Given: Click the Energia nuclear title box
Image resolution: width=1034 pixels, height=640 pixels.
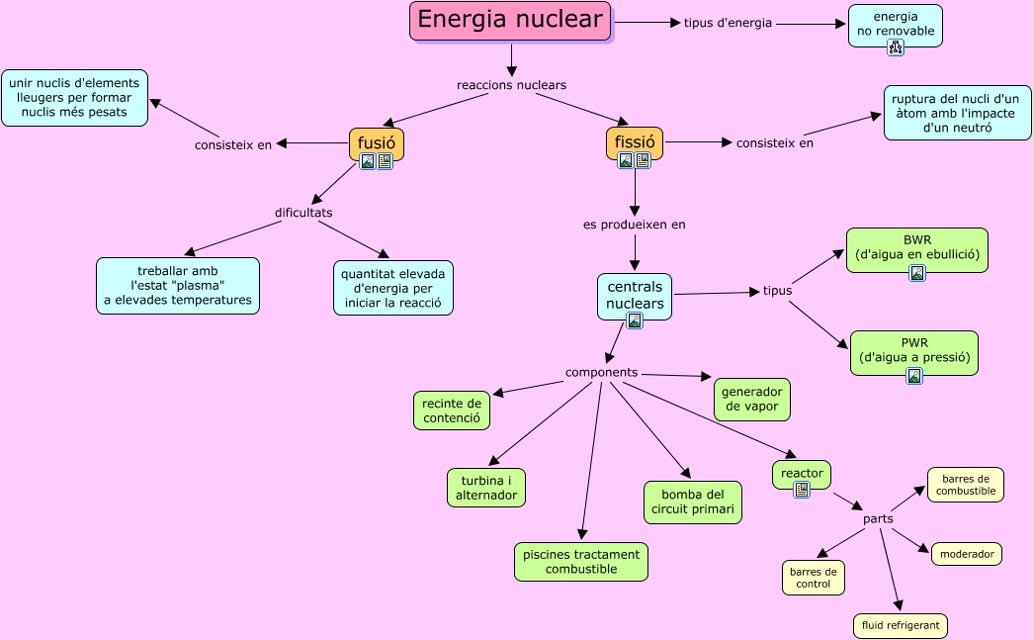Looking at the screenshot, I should [510, 21].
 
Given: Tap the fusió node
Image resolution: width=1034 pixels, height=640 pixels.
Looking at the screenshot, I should [376, 142].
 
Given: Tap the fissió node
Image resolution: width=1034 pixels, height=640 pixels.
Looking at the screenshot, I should [634, 142].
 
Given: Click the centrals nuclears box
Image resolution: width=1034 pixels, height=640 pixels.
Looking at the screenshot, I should [635, 294].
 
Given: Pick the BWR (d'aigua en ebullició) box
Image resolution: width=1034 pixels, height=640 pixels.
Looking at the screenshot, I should [916, 247].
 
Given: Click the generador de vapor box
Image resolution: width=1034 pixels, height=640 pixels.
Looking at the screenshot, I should [751, 399].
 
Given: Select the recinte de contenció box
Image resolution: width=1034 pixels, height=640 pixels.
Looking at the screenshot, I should [451, 411].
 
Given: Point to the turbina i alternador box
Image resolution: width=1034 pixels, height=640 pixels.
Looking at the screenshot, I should [486, 487].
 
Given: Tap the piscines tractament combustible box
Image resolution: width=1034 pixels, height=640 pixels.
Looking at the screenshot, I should [581, 561].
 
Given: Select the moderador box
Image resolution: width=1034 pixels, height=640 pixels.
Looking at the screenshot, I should [967, 554].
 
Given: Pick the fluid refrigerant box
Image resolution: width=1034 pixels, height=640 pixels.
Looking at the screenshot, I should [900, 626].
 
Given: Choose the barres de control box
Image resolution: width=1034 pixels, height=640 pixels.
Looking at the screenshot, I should [814, 578].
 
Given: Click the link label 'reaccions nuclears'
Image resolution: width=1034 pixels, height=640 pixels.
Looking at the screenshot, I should [511, 85].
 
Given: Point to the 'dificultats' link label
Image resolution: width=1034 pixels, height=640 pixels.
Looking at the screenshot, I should [303, 213].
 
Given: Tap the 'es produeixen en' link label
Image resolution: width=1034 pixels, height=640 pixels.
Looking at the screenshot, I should [634, 225].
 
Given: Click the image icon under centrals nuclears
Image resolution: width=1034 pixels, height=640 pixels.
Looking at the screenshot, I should [635, 320].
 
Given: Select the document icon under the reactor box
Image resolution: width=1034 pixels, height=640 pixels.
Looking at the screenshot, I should [802, 489].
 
